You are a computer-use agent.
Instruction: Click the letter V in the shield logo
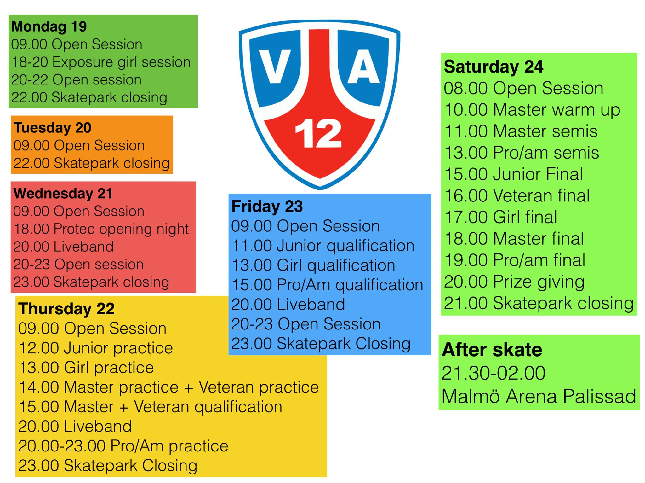(x=275, y=67)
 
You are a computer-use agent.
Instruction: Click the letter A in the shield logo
(x=363, y=67)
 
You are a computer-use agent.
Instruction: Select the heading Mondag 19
(x=49, y=27)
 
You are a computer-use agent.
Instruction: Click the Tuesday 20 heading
(x=53, y=128)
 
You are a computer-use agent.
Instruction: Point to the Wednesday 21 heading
(x=63, y=193)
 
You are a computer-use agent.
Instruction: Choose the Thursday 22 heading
(x=66, y=309)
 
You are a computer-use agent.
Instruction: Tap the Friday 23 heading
(x=267, y=207)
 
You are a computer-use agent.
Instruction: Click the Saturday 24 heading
(x=494, y=67)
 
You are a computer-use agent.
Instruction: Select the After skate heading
(x=492, y=350)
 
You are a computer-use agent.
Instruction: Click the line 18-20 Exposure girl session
(x=101, y=62)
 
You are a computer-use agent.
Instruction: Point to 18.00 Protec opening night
(x=101, y=229)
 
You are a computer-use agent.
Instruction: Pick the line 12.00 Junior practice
(x=96, y=348)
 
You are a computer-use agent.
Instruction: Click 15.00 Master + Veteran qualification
(x=151, y=407)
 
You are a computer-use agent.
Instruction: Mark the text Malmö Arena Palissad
(x=539, y=396)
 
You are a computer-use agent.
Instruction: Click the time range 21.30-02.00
(x=494, y=373)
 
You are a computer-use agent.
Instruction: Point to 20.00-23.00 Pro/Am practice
(x=123, y=446)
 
